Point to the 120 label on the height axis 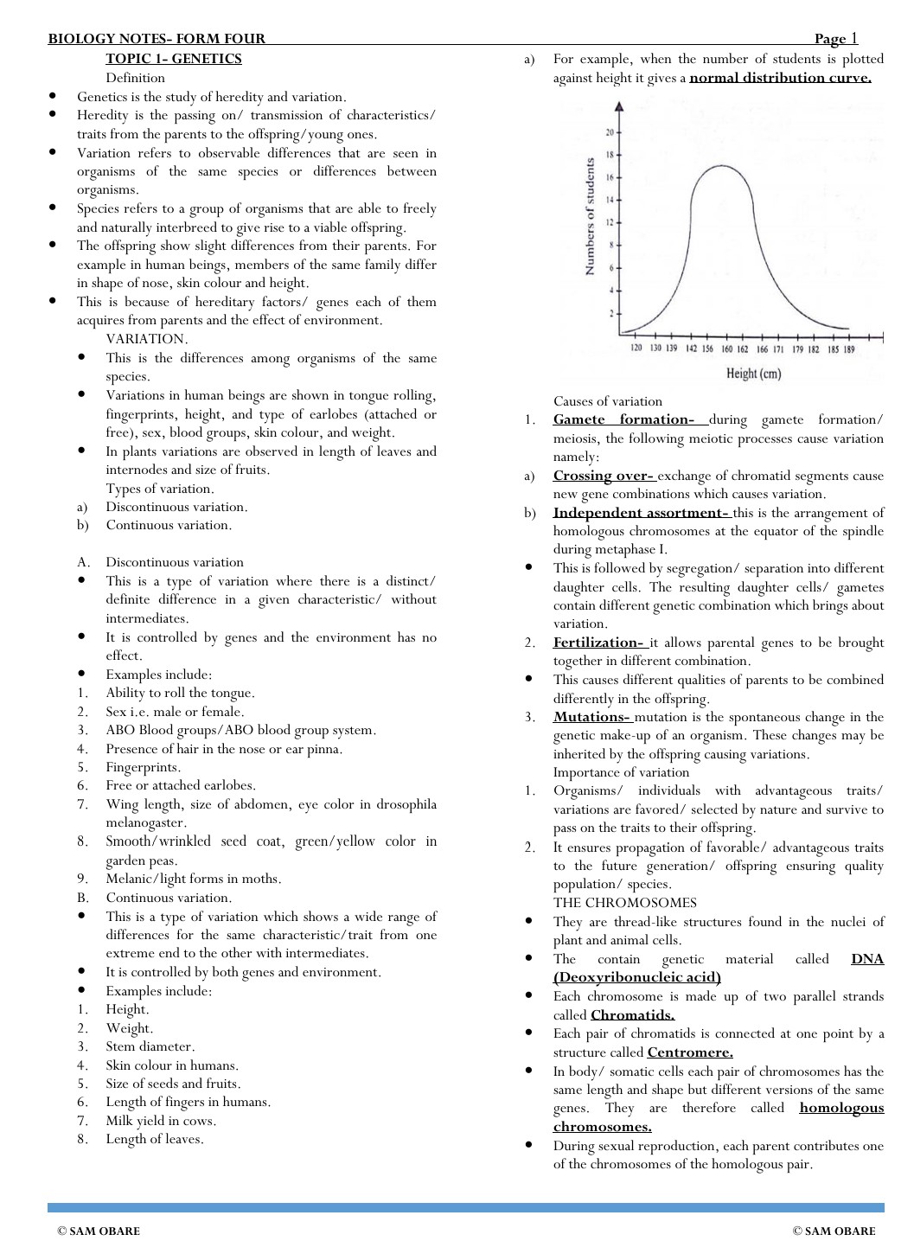pos(636,349)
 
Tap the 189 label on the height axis pos(849,349)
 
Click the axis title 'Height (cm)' pos(753,374)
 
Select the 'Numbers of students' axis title pos(590,216)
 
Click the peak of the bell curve pos(722,165)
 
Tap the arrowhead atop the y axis pos(618,106)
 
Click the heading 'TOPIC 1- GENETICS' pos(174,59)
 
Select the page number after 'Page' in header pos(854,38)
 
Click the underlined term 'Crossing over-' pos(604,476)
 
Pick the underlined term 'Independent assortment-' pos(641,513)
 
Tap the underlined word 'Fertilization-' pos(598,643)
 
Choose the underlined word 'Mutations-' pos(592,717)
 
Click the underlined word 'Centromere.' pos(690,1052)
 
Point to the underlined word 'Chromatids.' pos(632,1015)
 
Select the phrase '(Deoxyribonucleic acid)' pos(637,977)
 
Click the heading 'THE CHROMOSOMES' pos(625,903)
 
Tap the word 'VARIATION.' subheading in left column pos(147,339)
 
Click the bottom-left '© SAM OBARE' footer pos(99,1231)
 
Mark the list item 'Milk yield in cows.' pos(161,1121)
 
